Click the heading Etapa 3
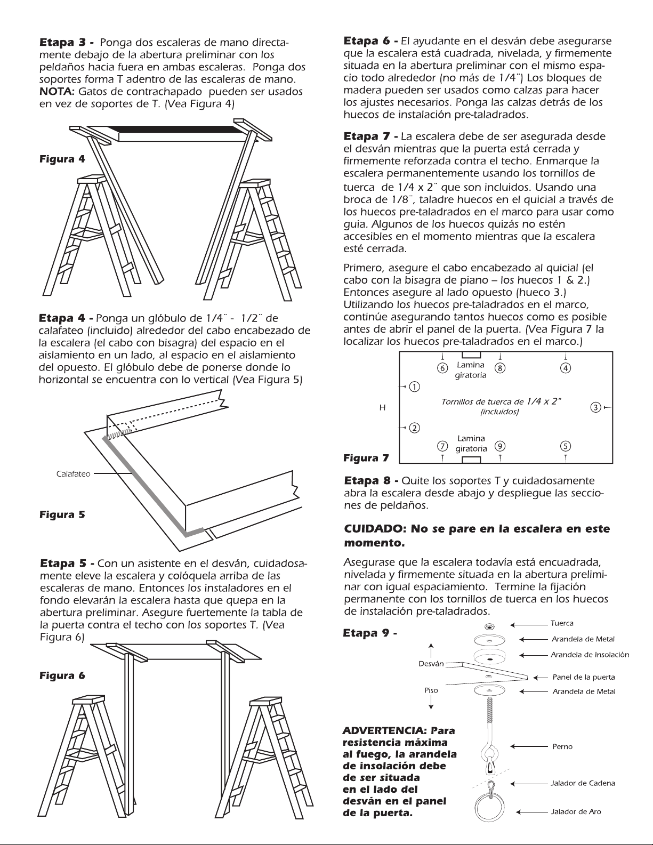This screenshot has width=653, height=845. [x=67, y=42]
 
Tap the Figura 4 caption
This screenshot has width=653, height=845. [x=62, y=159]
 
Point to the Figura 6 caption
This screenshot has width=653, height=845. [x=62, y=675]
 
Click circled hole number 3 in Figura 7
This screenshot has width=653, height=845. [x=595, y=408]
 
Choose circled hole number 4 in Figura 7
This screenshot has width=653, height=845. [x=566, y=368]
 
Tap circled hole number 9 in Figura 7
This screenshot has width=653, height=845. [x=499, y=446]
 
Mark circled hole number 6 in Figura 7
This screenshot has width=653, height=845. [x=441, y=368]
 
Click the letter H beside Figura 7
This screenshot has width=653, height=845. [x=382, y=408]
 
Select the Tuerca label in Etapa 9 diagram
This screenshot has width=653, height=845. [x=562, y=623]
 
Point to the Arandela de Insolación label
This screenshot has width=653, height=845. [x=590, y=654]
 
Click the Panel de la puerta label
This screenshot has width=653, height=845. [x=583, y=677]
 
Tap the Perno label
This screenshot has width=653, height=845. [x=562, y=746]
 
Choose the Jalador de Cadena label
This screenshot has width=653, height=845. [x=583, y=783]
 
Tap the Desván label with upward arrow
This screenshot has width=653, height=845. [x=431, y=663]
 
